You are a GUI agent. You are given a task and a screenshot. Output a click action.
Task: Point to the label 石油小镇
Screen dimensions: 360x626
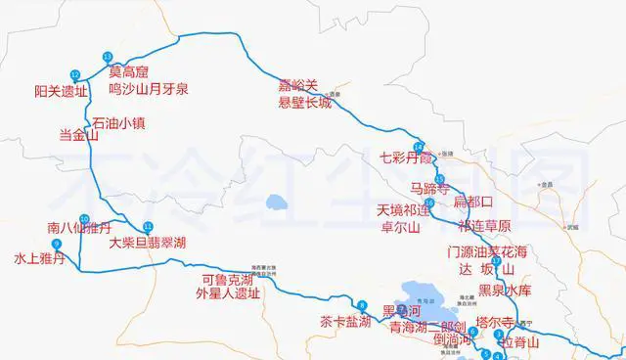[x=118, y=124]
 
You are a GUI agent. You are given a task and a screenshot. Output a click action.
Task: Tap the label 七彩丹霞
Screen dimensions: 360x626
[x=406, y=157]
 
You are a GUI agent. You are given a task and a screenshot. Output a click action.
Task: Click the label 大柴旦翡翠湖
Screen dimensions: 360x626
[x=148, y=242]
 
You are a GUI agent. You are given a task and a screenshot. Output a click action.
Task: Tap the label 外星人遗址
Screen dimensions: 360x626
[x=228, y=292]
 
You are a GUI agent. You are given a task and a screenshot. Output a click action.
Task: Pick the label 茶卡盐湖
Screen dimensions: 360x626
[x=345, y=321]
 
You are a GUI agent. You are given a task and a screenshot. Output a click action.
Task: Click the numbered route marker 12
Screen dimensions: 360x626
[x=75, y=75]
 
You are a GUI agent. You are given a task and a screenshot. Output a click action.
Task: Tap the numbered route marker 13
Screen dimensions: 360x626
[x=106, y=56]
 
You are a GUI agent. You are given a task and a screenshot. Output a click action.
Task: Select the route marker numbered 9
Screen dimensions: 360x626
[x=57, y=244]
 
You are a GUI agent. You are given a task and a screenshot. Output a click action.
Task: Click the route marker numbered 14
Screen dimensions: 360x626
[x=418, y=146]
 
